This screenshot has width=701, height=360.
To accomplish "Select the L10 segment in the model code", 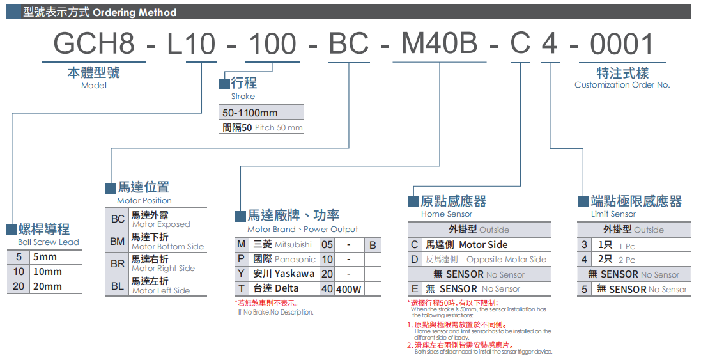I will (x=190, y=44).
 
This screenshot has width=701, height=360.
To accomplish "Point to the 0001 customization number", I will (x=622, y=44).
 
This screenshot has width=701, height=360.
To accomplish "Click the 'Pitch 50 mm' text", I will (x=279, y=128).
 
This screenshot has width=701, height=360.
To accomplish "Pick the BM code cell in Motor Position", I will (x=118, y=242).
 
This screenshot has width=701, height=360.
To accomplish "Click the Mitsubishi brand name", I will (x=293, y=244).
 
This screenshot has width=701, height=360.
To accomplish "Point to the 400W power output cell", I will (x=350, y=289).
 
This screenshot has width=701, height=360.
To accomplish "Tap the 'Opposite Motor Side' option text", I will (x=506, y=259).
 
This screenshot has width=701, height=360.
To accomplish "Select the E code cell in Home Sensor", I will (x=415, y=289).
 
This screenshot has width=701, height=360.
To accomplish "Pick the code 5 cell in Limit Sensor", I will (x=584, y=289).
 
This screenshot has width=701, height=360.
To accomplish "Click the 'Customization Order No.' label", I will (x=622, y=85).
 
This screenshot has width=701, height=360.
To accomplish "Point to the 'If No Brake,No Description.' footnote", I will (x=275, y=312).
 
